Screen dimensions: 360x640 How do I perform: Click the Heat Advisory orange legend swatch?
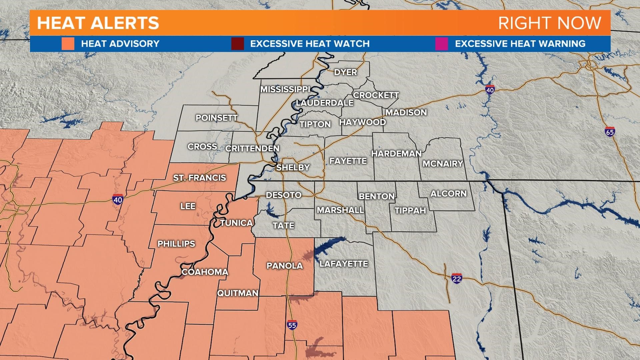click(68, 44)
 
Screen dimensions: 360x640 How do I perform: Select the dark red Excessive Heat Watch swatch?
click(237, 44)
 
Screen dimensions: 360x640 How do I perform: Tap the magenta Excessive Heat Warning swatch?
click(441, 44)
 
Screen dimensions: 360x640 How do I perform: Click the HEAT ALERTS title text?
click(98, 23)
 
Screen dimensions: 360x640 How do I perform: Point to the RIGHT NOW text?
click(549, 23)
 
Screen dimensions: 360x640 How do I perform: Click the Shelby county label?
click(293, 167)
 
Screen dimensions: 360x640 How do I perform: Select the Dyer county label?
click(345, 72)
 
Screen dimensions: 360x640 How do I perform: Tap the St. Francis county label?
click(199, 178)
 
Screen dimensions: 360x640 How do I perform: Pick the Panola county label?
click(285, 266)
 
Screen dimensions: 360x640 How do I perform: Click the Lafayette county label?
click(344, 264)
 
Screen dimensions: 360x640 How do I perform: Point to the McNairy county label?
click(443, 164)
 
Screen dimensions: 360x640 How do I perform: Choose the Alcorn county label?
click(448, 194)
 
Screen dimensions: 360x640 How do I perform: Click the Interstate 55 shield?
click(292, 325)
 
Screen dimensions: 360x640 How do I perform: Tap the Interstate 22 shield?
click(456, 278)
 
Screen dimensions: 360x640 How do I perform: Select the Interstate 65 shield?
click(610, 132)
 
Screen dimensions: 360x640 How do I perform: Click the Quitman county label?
click(238, 293)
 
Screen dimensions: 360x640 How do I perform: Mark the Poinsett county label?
click(217, 118)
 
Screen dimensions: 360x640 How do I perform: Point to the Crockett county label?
click(376, 95)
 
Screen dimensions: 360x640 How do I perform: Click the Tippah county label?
click(410, 211)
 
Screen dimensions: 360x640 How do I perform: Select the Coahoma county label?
click(205, 272)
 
